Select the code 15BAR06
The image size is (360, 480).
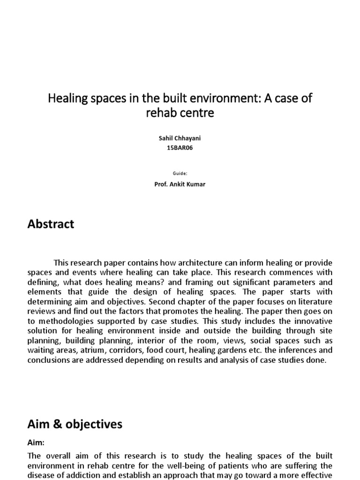click(180, 148)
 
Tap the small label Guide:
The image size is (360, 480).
click(180, 173)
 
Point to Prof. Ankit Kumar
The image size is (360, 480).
click(180, 184)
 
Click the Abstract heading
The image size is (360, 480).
click(51, 224)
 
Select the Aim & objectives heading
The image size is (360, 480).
click(75, 424)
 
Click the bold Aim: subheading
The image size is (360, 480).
click(36, 442)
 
